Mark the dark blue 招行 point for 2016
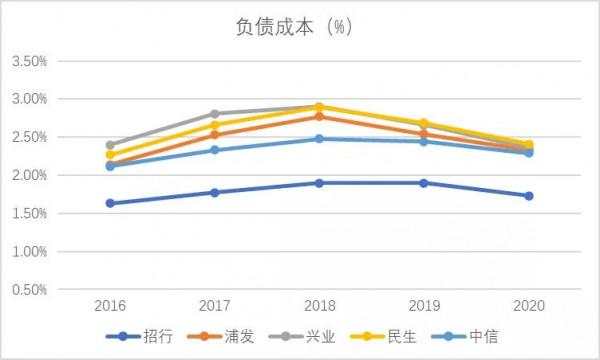(x=110, y=203)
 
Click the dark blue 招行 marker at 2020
(x=528, y=196)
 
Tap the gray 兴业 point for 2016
(x=110, y=145)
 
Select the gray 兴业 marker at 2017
(x=214, y=114)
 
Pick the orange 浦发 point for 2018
(x=319, y=117)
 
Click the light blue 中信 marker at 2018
(x=319, y=139)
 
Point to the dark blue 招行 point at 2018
(x=319, y=183)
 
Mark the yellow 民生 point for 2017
(x=214, y=125)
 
